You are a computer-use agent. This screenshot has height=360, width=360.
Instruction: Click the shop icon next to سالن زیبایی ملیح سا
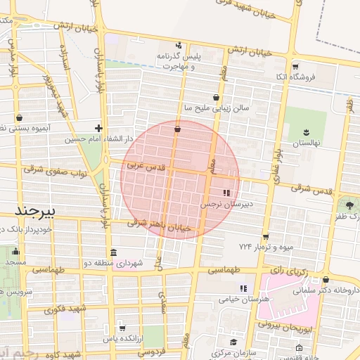point(215,98)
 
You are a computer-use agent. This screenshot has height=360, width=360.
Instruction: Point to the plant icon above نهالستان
point(306,132)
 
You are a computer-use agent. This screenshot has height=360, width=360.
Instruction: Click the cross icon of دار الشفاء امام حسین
point(98,128)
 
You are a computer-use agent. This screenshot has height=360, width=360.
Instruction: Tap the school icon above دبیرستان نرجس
point(226,193)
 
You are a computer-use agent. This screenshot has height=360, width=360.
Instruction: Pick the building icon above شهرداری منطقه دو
point(113,252)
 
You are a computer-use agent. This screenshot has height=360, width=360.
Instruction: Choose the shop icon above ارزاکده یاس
point(122,328)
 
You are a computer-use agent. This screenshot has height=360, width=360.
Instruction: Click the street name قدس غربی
point(145,167)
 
